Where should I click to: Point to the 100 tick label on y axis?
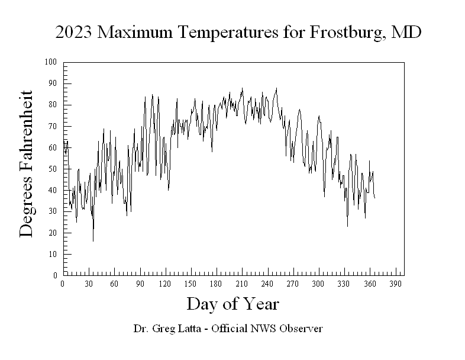[51, 62]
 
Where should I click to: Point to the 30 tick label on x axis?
[88, 284]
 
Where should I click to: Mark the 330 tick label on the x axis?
[344, 284]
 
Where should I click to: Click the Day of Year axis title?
[233, 304]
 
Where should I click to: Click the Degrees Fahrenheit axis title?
[27, 164]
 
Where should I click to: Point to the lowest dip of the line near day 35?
[93, 240]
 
